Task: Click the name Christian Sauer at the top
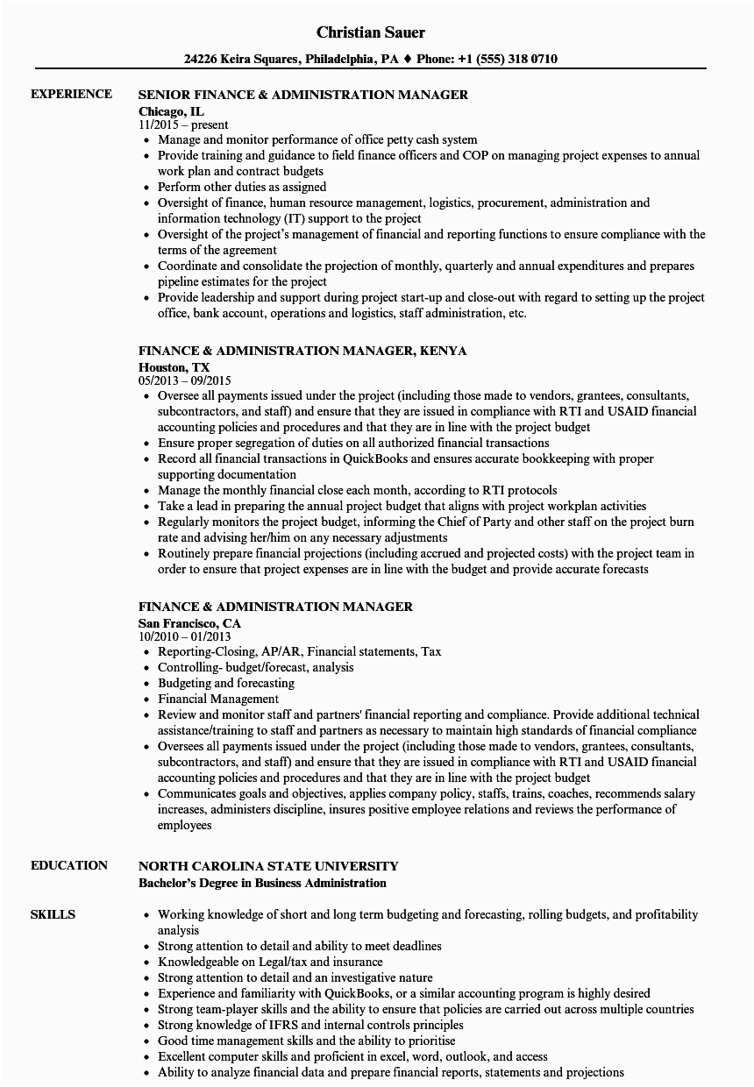point(370,32)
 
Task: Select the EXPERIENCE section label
point(71,94)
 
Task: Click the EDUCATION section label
point(69,865)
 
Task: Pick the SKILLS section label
point(53,914)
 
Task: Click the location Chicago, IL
point(172,110)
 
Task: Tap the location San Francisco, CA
point(190,622)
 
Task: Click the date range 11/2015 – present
point(183,124)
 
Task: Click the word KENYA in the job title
point(444,351)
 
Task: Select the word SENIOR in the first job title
point(166,95)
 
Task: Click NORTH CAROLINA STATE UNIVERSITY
point(268,866)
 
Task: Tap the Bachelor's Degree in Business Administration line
point(262,883)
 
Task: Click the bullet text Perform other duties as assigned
point(242,187)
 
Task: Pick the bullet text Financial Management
point(218,699)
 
